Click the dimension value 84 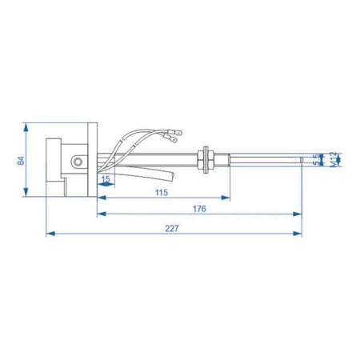20,160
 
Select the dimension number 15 106,179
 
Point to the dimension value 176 200,209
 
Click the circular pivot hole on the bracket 76,162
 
